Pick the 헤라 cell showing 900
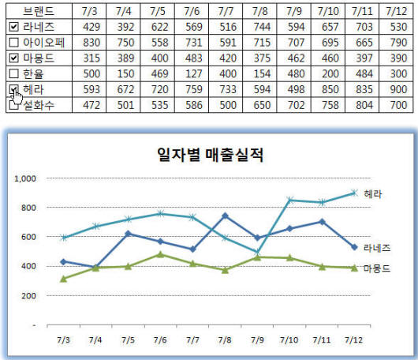[398, 88]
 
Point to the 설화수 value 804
[364, 103]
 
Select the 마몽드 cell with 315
[91, 58]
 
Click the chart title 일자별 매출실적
[209, 154]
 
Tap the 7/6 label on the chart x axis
[159, 339]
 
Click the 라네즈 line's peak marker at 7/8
[225, 216]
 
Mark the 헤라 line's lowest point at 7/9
[257, 253]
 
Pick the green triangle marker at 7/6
[159, 254]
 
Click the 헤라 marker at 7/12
[354, 193]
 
